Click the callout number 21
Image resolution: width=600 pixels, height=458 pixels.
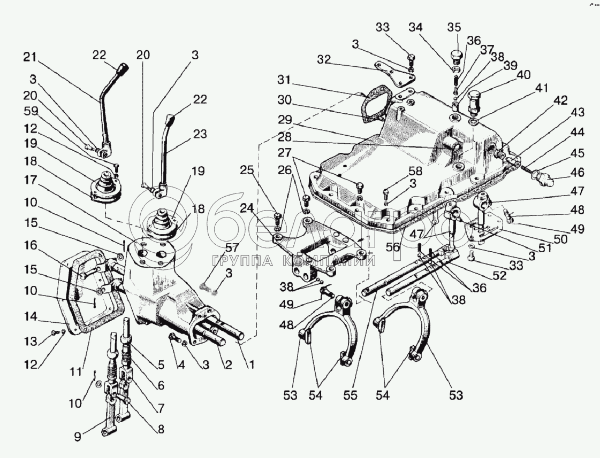click(x=29, y=58)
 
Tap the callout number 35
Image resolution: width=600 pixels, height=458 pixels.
click(x=454, y=27)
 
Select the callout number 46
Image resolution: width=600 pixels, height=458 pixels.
click(x=578, y=172)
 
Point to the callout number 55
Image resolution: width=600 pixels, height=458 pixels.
click(x=351, y=395)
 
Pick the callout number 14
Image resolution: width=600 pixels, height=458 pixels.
click(x=29, y=317)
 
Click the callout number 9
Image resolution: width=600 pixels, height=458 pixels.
click(x=78, y=437)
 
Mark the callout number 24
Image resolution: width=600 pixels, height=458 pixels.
click(x=247, y=208)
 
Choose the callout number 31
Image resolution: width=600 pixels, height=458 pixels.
click(x=284, y=81)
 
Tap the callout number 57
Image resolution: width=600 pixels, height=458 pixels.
click(x=231, y=249)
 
